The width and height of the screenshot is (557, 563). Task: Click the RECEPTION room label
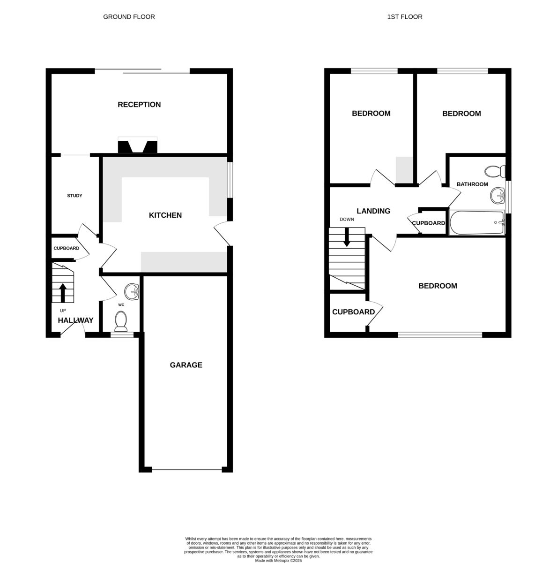coord(139,104)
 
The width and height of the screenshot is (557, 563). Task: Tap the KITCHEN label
coord(165,215)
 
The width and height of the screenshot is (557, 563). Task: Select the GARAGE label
coord(186,365)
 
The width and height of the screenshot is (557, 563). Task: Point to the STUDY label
coord(74,196)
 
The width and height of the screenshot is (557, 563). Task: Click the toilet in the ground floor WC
coord(121,321)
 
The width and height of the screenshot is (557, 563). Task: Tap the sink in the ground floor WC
coord(132,291)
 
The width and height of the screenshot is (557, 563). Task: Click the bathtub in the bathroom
coord(477,222)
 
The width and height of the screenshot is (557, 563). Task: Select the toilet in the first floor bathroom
coord(495,172)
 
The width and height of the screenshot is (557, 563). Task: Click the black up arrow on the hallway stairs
coord(63,292)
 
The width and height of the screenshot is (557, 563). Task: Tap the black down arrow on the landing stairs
coord(347,237)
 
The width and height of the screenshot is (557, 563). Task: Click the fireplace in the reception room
coord(137,145)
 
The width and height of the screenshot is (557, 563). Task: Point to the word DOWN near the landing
coord(347,219)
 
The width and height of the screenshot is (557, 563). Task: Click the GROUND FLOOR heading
coord(129,17)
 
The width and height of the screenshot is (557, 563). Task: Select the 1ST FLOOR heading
coord(404,17)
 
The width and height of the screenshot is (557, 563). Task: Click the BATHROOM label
coord(472,184)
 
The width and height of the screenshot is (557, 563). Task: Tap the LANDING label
coord(373,211)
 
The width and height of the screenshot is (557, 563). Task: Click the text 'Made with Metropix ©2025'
coord(278,561)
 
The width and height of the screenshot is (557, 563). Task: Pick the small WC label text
coord(121,305)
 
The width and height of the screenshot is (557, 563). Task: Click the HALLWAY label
coord(75,320)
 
